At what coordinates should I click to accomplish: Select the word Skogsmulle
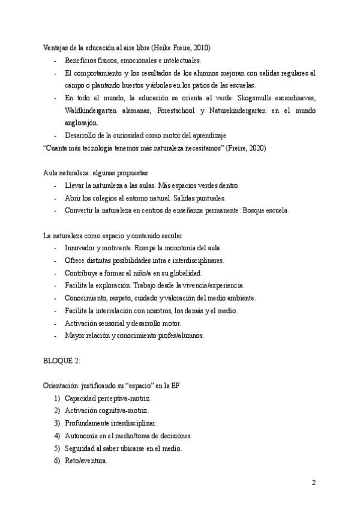257,98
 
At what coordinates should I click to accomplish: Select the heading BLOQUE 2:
63,361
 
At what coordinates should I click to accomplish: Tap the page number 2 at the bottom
314,483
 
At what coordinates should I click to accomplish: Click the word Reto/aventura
86,461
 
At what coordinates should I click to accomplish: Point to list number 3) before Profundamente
58,424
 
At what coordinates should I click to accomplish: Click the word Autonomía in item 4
83,436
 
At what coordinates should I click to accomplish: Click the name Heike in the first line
164,47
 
